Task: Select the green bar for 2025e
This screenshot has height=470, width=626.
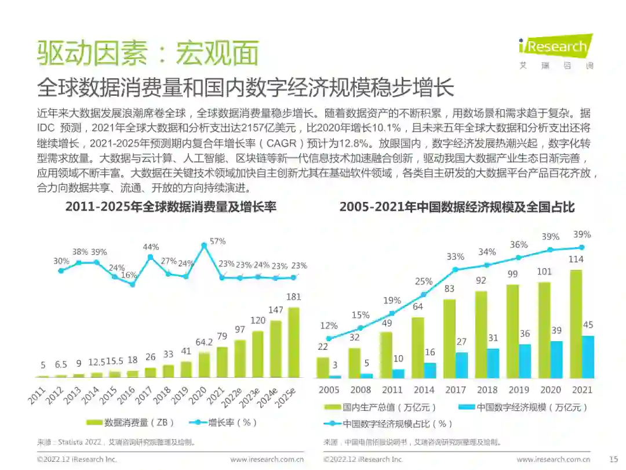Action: point(294,342)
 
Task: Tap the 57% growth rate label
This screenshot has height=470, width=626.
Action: point(217,241)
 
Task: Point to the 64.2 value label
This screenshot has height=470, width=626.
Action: point(203,343)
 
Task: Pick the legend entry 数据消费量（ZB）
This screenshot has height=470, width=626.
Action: point(130,422)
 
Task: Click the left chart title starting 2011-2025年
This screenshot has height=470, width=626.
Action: point(170,207)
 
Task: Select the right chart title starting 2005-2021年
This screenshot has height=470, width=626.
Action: point(457,207)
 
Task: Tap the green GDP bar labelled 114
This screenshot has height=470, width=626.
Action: point(575,324)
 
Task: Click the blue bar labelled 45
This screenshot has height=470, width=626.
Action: point(588,357)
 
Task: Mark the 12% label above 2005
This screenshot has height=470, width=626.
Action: point(329,326)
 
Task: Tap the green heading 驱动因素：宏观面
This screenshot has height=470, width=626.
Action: point(147,54)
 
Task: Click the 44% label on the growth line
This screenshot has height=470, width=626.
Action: point(151,247)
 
